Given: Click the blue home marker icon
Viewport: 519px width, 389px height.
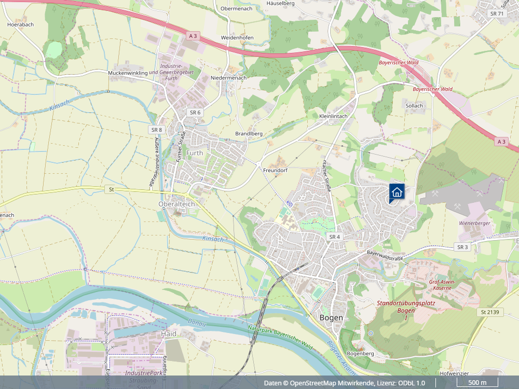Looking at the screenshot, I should (397, 192).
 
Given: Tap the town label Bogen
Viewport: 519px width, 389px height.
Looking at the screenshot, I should (331, 317).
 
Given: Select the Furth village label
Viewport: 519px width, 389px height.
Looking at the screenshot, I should (195, 153).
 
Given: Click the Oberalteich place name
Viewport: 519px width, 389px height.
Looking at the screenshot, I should (176, 204).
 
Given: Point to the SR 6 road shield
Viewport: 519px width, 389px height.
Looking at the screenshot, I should (195, 113).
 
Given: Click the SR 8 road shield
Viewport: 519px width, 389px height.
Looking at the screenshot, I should (157, 129).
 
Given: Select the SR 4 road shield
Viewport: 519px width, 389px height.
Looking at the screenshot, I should (334, 237).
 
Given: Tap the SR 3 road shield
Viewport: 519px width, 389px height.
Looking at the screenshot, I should (462, 247).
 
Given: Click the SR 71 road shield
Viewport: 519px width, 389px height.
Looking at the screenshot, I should (497, 13).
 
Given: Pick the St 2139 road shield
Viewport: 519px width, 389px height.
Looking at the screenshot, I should (489, 312).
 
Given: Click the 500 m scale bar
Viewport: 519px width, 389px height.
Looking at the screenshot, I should (477, 383).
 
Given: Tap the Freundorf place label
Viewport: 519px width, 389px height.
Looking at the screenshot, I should (275, 170).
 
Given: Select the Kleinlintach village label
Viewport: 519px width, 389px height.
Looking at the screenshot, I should (333, 116).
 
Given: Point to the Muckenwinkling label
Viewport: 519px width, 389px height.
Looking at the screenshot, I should (128, 73).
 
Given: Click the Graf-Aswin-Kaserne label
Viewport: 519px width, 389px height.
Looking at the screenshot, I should (442, 285).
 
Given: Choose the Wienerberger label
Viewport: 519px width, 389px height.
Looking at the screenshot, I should (474, 223).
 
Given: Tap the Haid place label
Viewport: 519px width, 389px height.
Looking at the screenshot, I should (169, 334).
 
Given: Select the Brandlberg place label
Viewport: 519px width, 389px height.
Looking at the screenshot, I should (249, 133).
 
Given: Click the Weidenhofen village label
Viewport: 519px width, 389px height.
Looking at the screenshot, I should (237, 38).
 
